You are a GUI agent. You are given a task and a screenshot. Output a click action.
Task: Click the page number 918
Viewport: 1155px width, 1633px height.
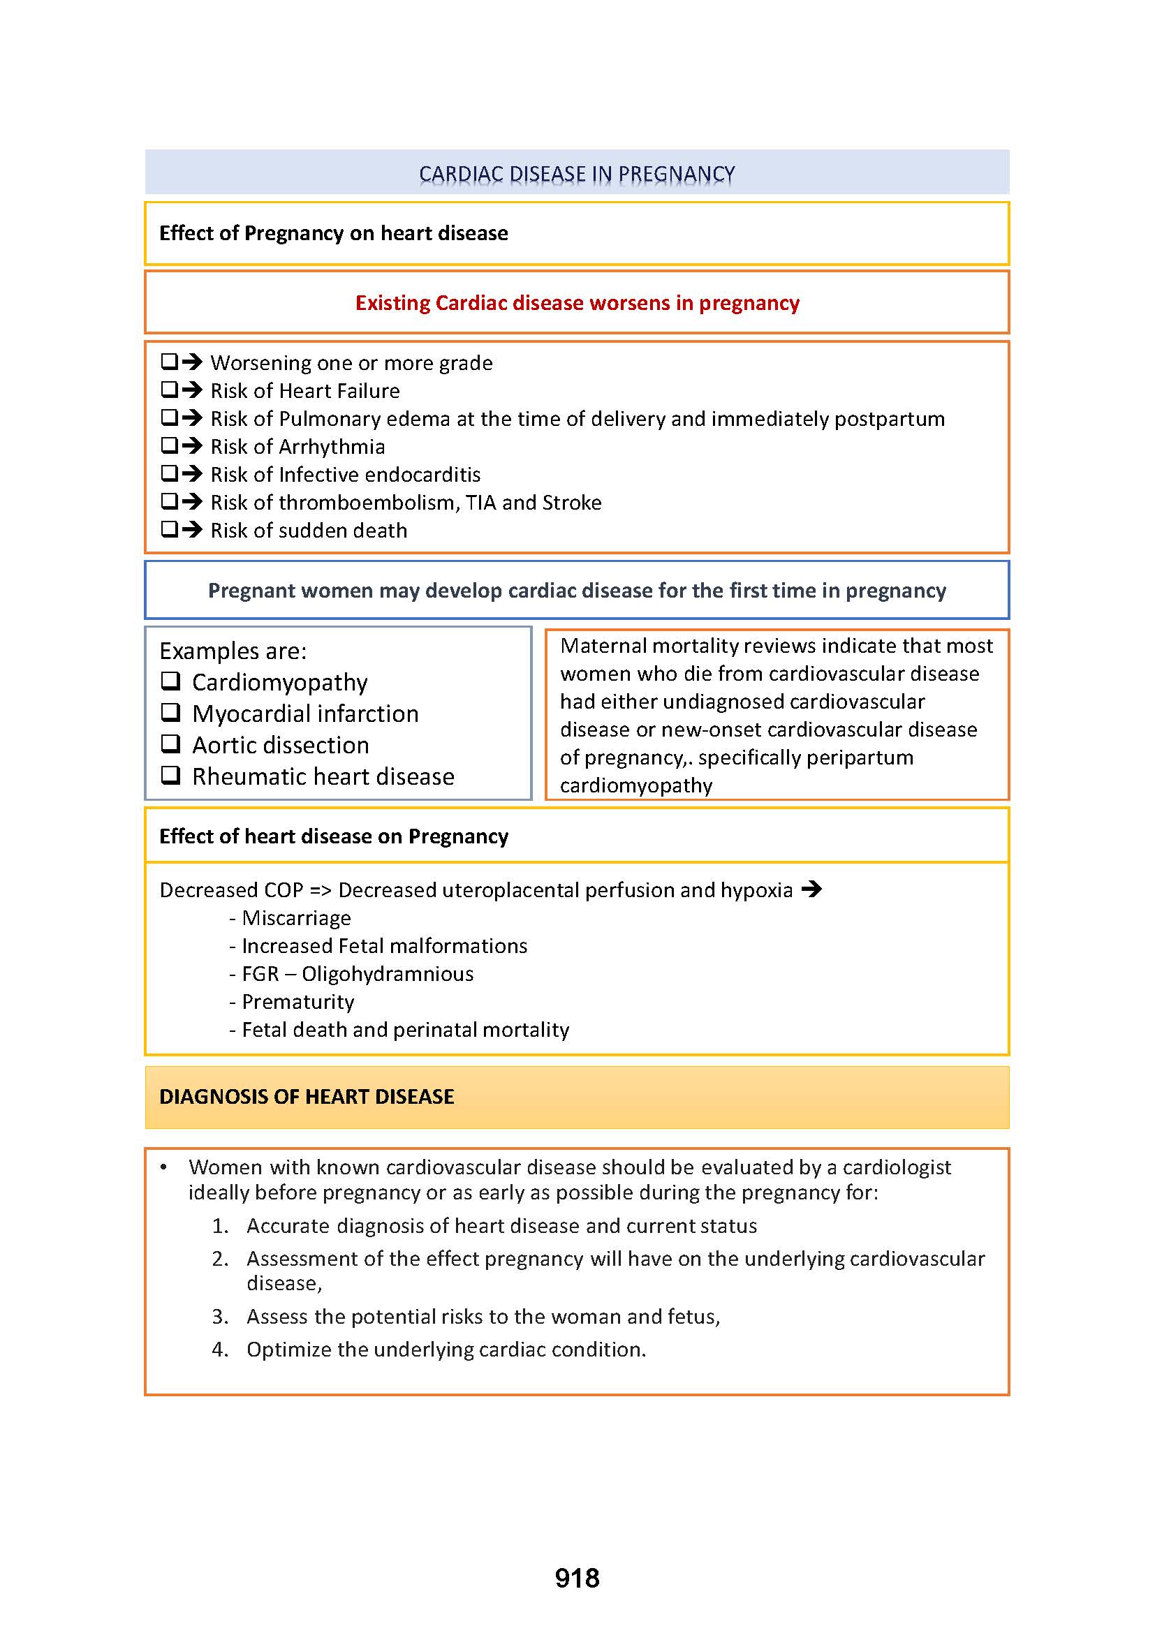pyautogui.click(x=577, y=1579)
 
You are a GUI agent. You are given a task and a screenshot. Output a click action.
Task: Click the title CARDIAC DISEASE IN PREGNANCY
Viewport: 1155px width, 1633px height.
pyautogui.click(x=577, y=174)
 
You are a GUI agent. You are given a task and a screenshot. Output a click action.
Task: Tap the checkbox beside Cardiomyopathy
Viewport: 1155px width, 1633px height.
pyautogui.click(x=170, y=681)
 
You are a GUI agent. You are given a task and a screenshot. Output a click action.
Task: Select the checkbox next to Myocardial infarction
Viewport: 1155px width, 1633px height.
pyautogui.click(x=170, y=713)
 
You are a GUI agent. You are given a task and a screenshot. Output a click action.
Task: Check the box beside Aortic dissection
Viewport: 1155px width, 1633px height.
pyautogui.click(x=170, y=744)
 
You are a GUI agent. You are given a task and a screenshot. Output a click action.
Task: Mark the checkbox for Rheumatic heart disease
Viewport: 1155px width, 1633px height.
pyautogui.click(x=170, y=775)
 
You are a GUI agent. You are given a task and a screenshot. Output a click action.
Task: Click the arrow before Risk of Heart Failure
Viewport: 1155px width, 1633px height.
pyautogui.click(x=192, y=390)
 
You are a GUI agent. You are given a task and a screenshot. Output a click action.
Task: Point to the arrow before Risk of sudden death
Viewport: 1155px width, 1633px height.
pyautogui.click(x=192, y=530)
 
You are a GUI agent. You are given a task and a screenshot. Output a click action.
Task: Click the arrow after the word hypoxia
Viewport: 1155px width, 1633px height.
pyautogui.click(x=811, y=889)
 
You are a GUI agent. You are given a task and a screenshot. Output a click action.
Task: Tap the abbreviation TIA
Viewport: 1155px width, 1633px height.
pyautogui.click(x=480, y=503)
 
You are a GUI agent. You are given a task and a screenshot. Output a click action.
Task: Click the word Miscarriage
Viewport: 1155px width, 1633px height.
pyautogui.click(x=297, y=918)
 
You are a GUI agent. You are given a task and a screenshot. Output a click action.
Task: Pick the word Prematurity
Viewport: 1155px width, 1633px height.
pyautogui.click(x=298, y=1002)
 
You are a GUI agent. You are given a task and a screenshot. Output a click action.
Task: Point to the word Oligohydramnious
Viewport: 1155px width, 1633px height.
pyautogui.click(x=388, y=974)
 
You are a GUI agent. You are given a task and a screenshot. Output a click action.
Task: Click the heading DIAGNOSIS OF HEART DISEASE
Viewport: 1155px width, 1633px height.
pyautogui.click(x=307, y=1097)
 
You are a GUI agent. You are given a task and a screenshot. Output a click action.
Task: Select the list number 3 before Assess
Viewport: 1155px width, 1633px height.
pyautogui.click(x=220, y=1317)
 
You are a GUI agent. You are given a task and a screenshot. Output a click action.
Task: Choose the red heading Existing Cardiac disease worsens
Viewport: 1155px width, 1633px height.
pyautogui.click(x=577, y=303)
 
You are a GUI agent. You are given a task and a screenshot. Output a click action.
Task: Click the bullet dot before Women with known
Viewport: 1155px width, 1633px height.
pyautogui.click(x=163, y=1167)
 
